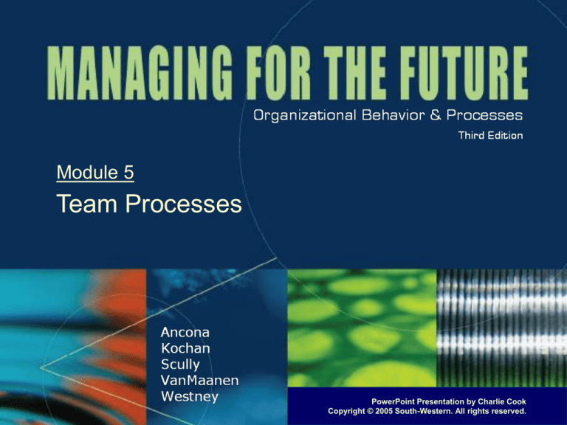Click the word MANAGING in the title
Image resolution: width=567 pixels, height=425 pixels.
click(x=140, y=72)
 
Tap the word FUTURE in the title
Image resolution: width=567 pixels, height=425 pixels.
click(x=464, y=72)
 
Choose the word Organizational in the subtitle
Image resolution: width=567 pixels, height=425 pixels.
click(x=305, y=116)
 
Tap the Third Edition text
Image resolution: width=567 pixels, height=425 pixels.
click(x=490, y=136)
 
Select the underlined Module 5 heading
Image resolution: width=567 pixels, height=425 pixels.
click(x=95, y=173)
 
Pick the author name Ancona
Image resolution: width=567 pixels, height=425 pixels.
click(x=185, y=333)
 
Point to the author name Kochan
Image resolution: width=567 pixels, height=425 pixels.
click(x=185, y=348)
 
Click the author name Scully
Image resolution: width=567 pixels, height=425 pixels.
click(x=180, y=364)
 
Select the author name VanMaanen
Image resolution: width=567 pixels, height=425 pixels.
click(x=199, y=380)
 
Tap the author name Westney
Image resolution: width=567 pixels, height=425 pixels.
click(x=190, y=396)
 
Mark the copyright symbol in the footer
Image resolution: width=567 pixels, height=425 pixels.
click(x=370, y=411)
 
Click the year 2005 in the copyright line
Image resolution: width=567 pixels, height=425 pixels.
click(x=385, y=411)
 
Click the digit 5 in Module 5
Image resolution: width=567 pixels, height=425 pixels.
click(x=129, y=173)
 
